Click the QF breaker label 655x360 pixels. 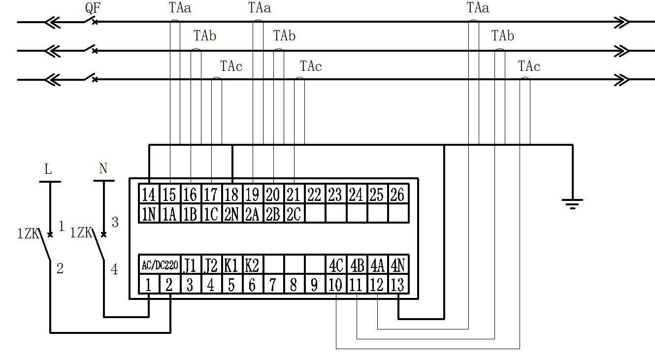tap(93, 8)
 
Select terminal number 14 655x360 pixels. tap(148, 195)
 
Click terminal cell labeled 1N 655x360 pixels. tap(148, 214)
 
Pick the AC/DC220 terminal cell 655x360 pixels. tap(159, 265)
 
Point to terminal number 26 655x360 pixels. tap(397, 195)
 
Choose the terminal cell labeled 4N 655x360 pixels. tap(397, 265)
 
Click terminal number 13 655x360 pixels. tap(397, 285)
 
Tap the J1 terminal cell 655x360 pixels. tap(190, 265)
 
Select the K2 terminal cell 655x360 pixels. tap(252, 265)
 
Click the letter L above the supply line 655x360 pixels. tap(48, 169)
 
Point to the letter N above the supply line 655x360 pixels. tap(103, 169)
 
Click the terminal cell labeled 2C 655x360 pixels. tap(294, 214)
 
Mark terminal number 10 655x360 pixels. tap(335, 285)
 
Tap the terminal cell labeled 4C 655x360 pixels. tap(335, 265)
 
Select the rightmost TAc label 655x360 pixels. tap(529, 66)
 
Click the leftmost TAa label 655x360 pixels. tap(180, 8)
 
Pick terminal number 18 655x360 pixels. tap(231, 195)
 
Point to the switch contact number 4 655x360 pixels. tap(114, 270)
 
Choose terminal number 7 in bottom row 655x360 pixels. tap(272, 285)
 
